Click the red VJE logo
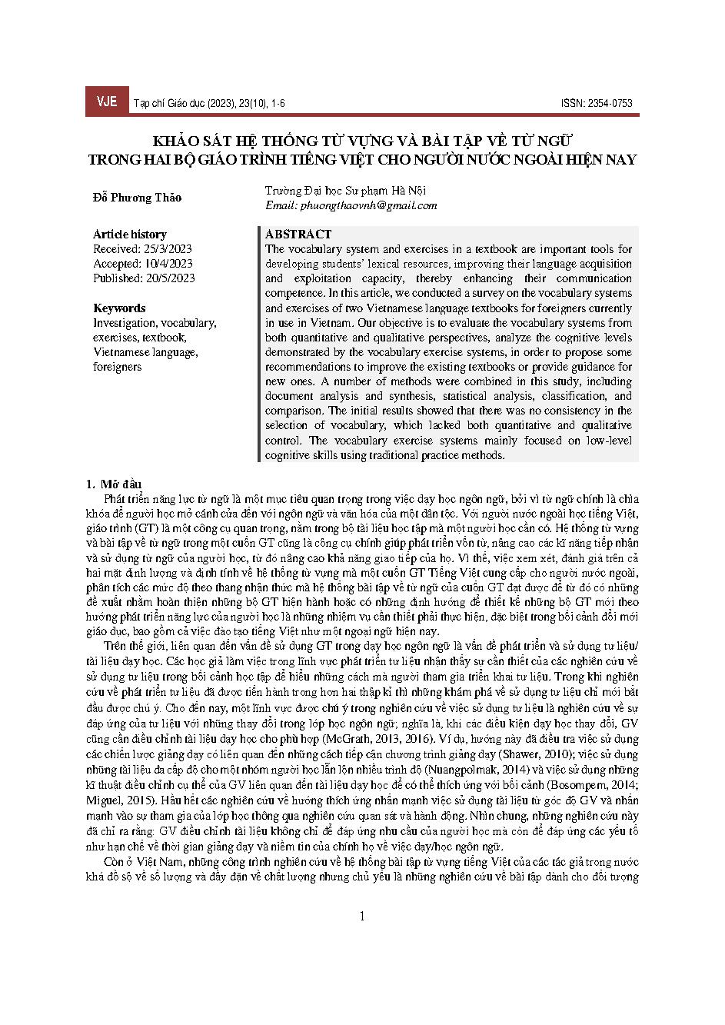tap(106, 102)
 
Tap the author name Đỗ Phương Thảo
tap(137, 198)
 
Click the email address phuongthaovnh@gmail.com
tap(351, 205)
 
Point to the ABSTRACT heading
tap(298, 234)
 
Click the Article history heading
tap(129, 234)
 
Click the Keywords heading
tap(119, 308)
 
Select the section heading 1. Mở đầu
tap(114, 484)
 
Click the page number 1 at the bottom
tap(362, 916)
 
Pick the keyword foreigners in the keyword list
tap(117, 366)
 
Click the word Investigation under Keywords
tap(125, 322)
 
